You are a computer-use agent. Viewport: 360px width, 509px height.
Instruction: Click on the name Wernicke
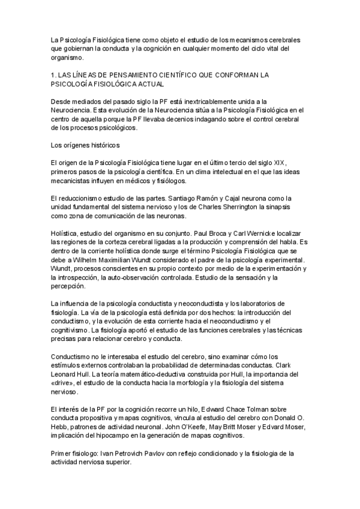(x=241, y=233)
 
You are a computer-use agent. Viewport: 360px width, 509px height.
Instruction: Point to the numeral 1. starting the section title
(x=54, y=74)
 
